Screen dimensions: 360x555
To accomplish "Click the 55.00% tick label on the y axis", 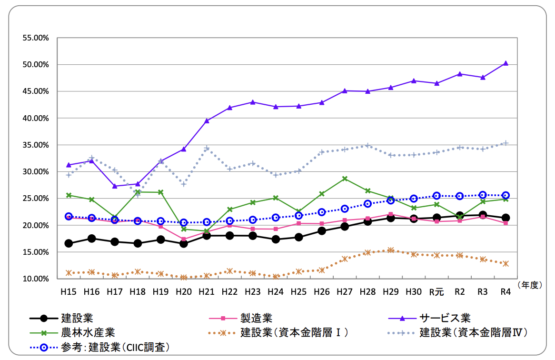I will [36, 38].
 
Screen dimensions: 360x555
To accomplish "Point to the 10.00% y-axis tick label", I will [36, 279].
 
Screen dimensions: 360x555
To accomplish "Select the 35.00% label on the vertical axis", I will [36, 145].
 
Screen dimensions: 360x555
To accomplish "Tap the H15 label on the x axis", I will [68, 291].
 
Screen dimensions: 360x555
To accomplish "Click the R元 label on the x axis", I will [436, 292].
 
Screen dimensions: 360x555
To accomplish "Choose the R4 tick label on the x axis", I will [505, 291].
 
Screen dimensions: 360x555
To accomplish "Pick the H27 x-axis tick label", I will [345, 291].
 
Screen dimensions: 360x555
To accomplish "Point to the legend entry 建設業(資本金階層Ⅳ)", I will [474, 332].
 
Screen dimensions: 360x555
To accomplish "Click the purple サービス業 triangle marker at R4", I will [505, 63].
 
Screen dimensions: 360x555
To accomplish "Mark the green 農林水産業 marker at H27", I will [345, 179].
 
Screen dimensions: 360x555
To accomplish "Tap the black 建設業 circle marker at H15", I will [69, 243].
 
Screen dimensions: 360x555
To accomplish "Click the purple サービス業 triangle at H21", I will [207, 121].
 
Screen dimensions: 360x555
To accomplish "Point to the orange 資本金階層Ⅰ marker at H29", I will [391, 250].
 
